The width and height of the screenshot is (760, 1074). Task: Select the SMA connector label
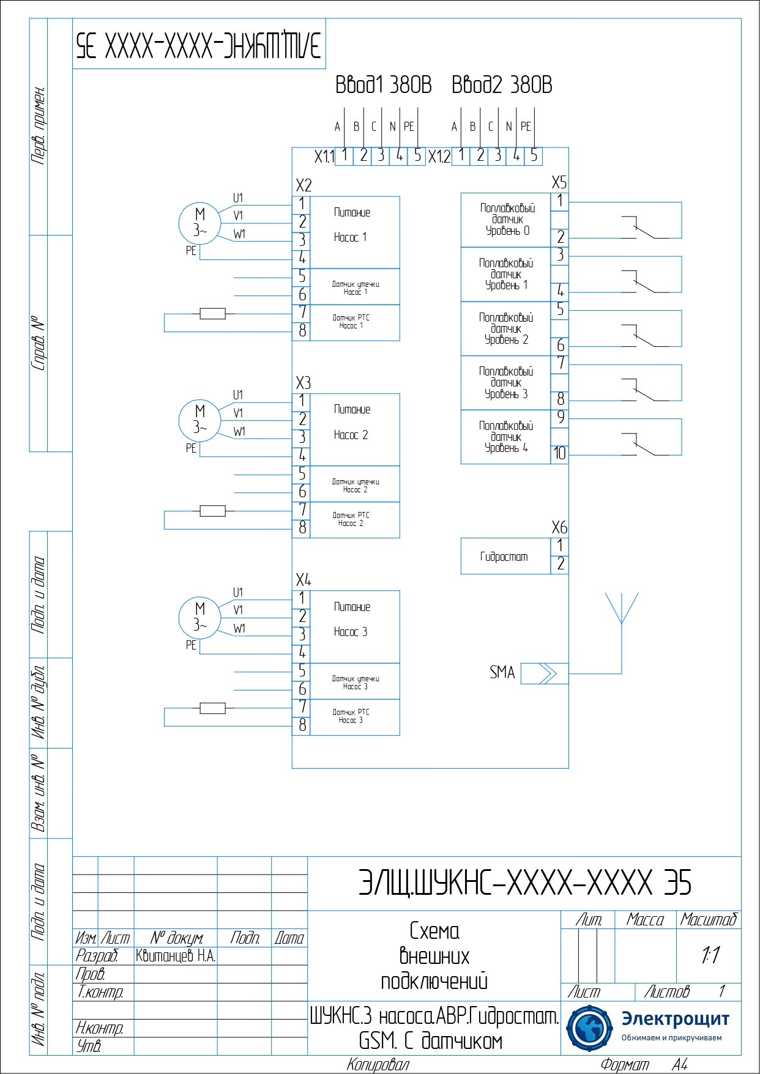tap(502, 673)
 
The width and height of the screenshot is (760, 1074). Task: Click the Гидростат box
tap(505, 557)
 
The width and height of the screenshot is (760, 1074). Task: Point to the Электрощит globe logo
tap(589, 1029)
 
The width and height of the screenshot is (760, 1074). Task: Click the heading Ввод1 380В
tap(383, 85)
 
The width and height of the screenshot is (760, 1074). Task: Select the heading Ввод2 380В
tap(502, 85)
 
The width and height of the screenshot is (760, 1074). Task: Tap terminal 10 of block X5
tap(560, 453)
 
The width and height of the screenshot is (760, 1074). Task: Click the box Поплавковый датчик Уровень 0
tap(507, 220)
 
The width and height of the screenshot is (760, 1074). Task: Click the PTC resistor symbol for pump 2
tap(212, 511)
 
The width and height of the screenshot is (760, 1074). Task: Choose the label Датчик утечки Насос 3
tap(356, 683)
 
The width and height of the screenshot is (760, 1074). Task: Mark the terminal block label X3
tap(304, 383)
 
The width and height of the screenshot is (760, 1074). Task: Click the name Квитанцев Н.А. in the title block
tap(176, 956)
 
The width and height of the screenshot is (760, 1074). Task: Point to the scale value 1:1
tap(710, 955)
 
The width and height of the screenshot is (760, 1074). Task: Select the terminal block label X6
tap(559, 527)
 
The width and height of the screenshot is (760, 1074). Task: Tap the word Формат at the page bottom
tap(624, 1065)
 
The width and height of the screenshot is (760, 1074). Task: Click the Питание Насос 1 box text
tap(352, 225)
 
